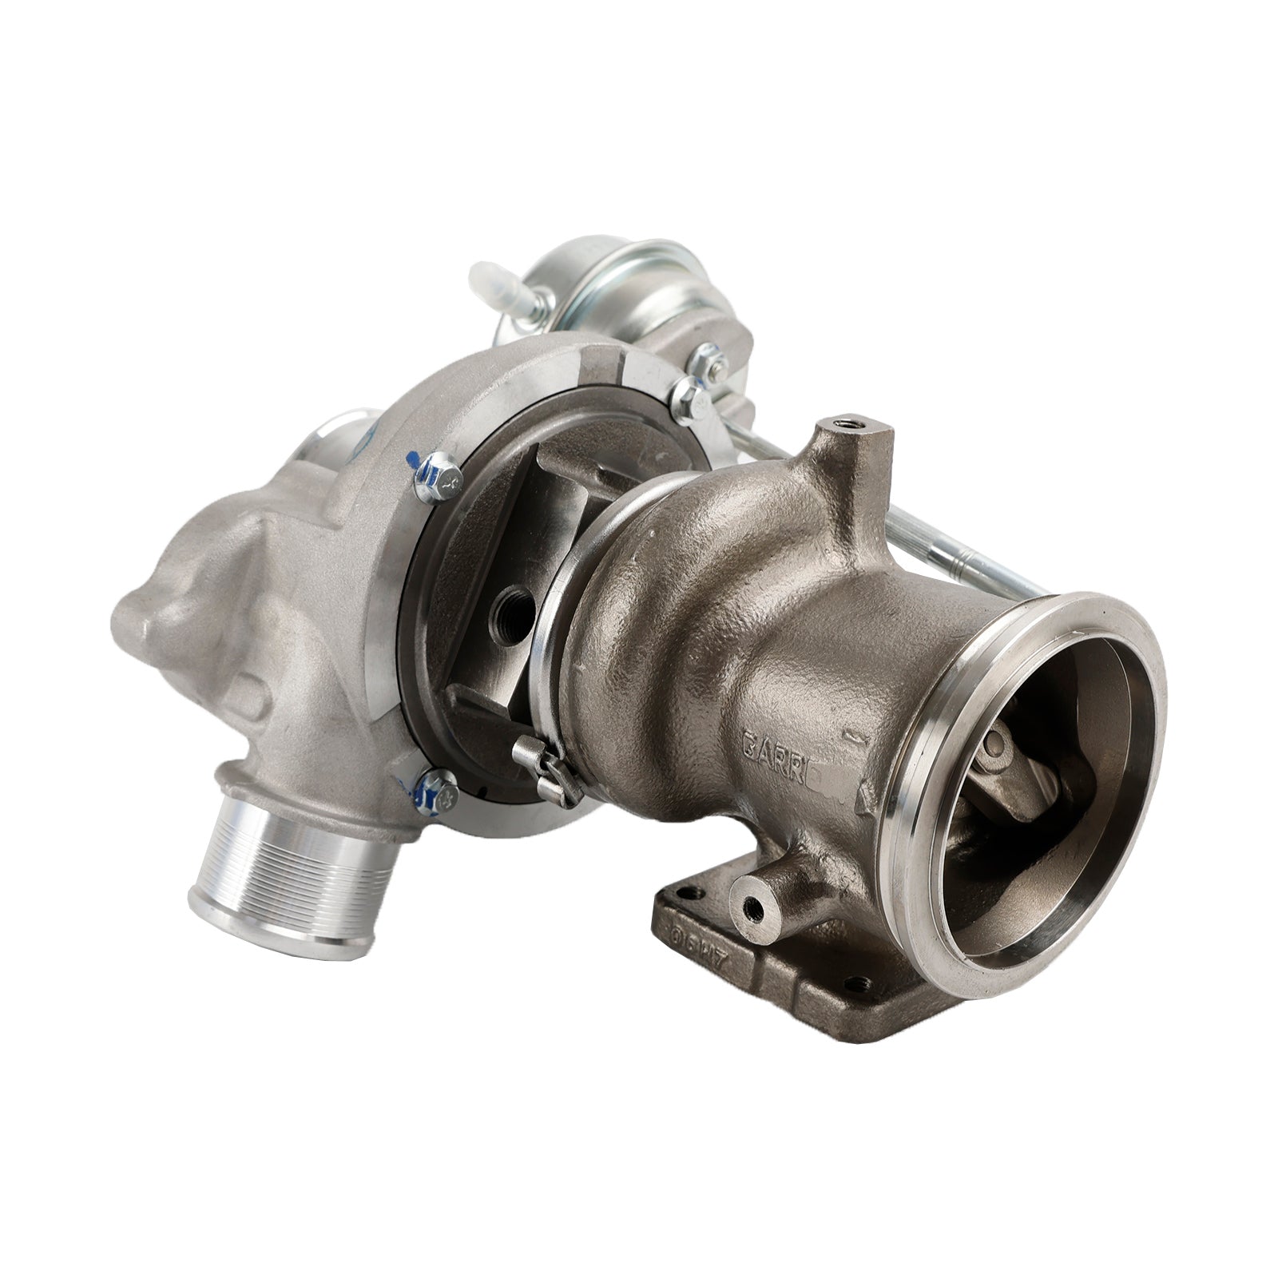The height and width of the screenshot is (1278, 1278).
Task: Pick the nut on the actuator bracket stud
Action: [x=687, y=391]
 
